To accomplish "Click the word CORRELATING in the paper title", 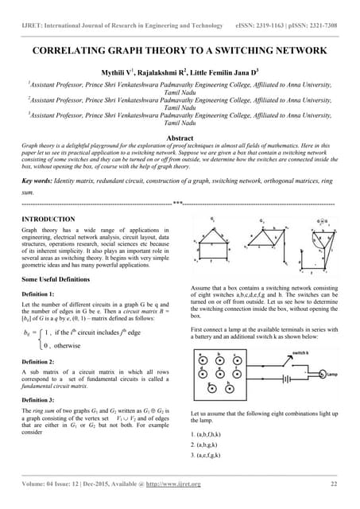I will (x=76, y=49).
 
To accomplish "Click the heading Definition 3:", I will (x=41, y=398).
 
